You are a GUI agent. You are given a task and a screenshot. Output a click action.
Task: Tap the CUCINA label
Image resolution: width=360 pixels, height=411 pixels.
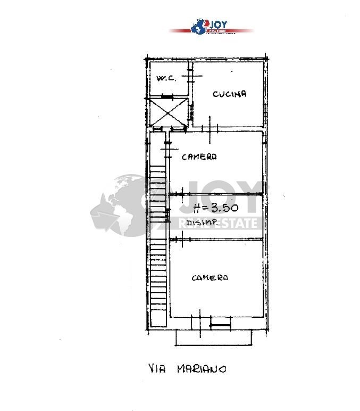(x=230, y=94)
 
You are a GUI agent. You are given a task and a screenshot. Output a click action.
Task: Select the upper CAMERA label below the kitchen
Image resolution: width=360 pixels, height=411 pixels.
(x=199, y=157)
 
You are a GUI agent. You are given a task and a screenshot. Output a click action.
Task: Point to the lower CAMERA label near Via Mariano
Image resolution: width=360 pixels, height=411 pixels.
(x=210, y=278)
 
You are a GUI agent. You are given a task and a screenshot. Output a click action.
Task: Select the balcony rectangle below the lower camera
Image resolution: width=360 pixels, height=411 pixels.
(x=213, y=336)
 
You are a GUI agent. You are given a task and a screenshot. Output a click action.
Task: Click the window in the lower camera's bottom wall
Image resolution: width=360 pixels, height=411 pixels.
(x=219, y=320)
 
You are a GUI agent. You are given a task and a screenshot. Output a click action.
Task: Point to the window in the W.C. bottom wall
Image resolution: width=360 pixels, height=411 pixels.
(x=168, y=97)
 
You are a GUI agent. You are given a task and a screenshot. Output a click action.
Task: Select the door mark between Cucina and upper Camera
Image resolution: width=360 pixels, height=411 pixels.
(x=213, y=128)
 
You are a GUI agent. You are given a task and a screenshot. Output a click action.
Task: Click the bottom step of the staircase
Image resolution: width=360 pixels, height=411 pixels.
(x=158, y=307)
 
